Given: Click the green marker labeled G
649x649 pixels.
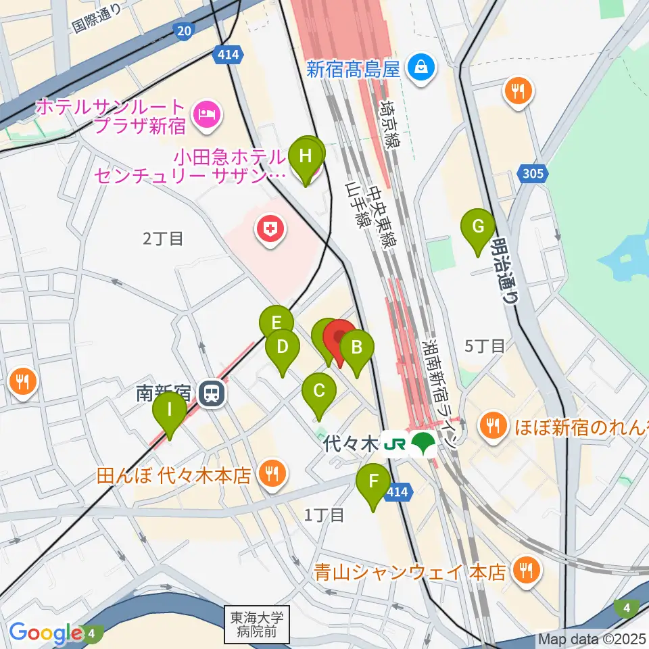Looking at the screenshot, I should coord(477,226).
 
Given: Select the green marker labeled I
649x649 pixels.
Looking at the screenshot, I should coord(169,410).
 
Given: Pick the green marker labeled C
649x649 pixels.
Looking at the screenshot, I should coord(319,391).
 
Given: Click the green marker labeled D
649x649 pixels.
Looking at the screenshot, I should coord(283,347).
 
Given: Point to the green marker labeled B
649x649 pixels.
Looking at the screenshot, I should coord(356,348).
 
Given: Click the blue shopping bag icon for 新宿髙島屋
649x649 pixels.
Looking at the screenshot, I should coord(421,68).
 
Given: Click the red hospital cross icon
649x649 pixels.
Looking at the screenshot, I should coord(270,231).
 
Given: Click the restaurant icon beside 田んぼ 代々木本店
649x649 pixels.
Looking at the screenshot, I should coord(272,475).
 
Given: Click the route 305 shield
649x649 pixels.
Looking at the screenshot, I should coord(532,174).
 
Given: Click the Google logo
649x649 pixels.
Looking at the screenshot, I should coord(46,633).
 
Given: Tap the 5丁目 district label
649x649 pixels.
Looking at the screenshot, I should coord(485,347).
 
